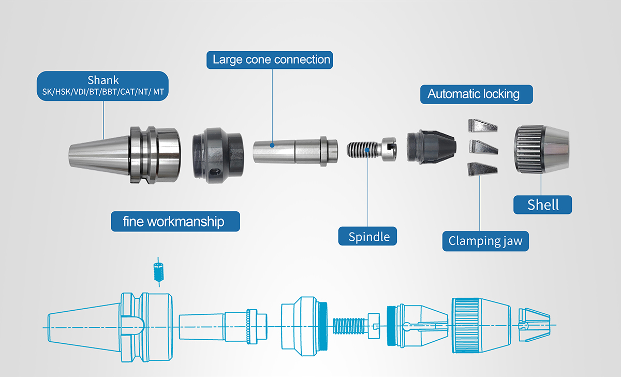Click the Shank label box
(103, 86)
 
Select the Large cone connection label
(271, 60)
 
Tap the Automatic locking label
(473, 94)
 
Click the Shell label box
(543, 205)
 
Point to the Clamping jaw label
(485, 241)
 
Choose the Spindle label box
(368, 237)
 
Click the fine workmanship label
(175, 222)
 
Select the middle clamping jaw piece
(482, 147)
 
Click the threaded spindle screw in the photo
(361, 150)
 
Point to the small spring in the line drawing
(159, 271)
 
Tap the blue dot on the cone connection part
(273, 146)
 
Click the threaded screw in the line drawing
(349, 326)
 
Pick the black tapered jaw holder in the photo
(431, 146)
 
